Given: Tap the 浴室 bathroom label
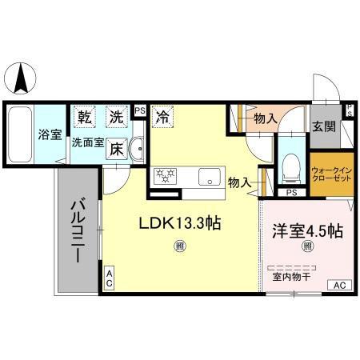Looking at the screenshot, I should (x=50, y=134).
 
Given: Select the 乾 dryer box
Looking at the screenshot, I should (x=85, y=117).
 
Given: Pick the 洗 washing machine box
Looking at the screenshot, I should (x=117, y=117).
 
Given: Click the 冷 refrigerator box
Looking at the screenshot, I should (x=162, y=117).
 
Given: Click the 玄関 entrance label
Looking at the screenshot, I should (x=324, y=126).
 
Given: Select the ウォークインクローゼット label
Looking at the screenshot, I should (x=330, y=175).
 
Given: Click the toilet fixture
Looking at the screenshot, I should (x=289, y=166).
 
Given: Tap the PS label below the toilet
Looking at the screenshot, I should (x=291, y=193).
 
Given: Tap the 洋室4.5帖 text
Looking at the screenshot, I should (x=306, y=231).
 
